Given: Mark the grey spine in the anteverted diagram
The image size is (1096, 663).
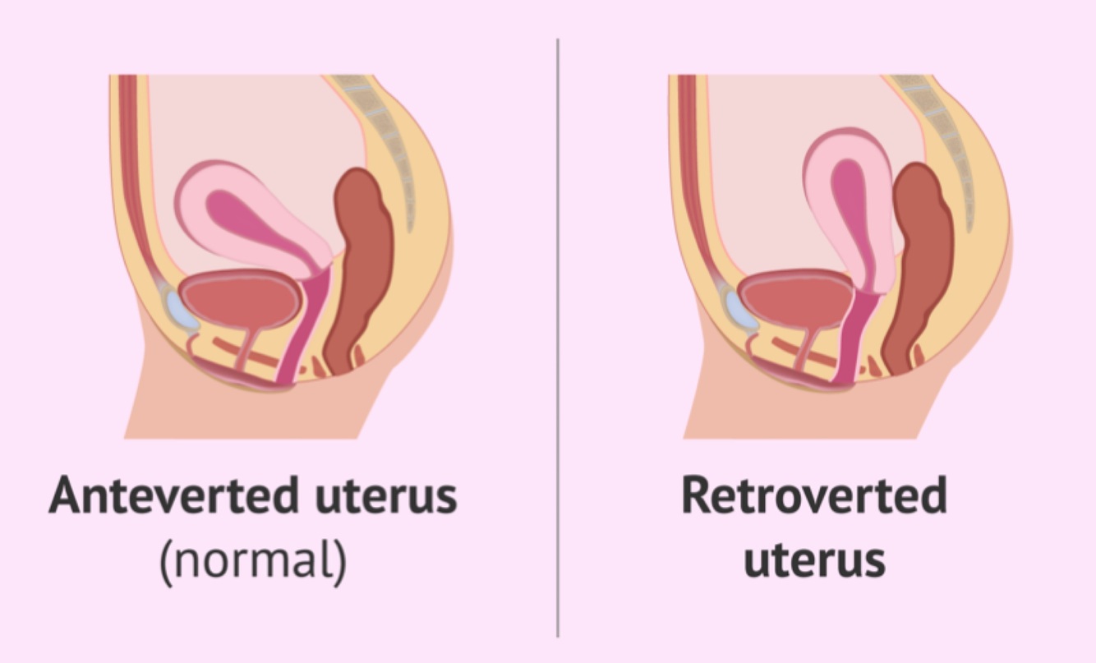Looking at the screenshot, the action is [x=386, y=140].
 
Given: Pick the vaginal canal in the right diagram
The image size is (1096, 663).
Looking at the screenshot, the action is [x=854, y=337].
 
